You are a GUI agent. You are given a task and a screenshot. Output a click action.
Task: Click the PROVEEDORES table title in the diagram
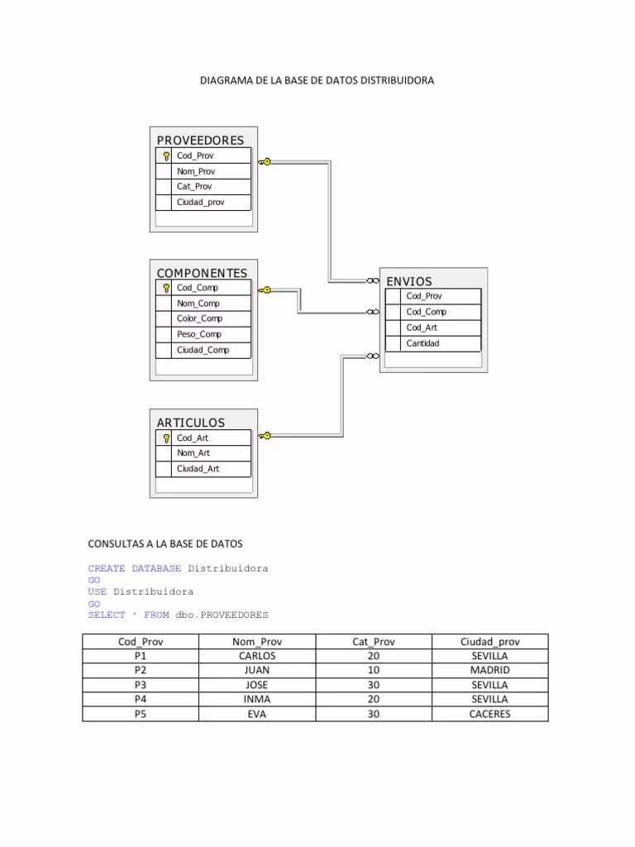tap(200, 141)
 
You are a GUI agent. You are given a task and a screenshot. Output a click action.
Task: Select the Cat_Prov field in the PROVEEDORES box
tap(194, 186)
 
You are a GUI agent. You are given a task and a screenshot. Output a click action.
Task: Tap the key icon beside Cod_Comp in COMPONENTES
tap(166, 288)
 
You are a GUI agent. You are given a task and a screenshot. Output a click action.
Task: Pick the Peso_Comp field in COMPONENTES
tap(199, 334)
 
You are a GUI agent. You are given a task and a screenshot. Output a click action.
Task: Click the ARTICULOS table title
tap(191, 423)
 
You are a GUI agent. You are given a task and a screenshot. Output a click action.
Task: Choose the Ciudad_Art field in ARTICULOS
tap(198, 469)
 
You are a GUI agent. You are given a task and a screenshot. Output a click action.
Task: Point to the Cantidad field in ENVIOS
tap(423, 343)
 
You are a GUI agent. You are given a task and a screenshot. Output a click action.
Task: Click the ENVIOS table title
tap(409, 281)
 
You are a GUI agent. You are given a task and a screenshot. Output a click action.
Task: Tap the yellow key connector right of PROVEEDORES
tap(265, 161)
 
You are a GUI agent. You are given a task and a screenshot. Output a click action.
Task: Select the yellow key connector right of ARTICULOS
tap(265, 436)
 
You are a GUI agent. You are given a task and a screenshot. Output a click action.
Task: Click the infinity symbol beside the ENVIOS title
tap(373, 280)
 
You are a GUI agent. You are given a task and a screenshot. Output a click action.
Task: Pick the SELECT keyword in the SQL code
tap(107, 615)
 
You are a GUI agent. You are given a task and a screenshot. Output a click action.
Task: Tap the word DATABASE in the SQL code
tap(156, 568)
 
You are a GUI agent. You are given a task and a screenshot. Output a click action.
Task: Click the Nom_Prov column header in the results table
tap(257, 642)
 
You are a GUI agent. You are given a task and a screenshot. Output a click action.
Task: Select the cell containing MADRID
tap(489, 670)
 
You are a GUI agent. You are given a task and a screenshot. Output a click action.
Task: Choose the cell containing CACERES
tap(489, 714)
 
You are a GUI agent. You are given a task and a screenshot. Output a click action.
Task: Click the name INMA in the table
tap(257, 700)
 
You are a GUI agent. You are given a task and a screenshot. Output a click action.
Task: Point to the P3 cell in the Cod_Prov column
tap(141, 685)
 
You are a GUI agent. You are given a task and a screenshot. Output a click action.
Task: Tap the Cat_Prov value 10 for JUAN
tap(374, 670)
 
